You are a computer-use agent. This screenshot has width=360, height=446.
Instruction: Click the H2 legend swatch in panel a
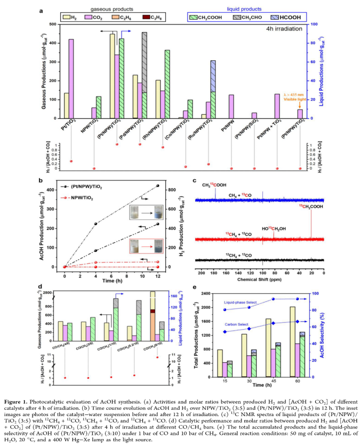(67, 18)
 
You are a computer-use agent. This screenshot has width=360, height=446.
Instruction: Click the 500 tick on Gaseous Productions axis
(52, 24)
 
